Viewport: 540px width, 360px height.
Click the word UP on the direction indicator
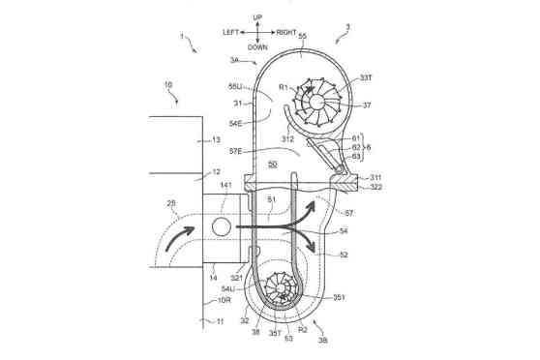click(257, 17)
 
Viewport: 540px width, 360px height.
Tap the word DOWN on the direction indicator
click(257, 46)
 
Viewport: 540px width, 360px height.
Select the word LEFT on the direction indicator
click(230, 32)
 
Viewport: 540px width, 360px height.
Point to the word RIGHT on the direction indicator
click(286, 32)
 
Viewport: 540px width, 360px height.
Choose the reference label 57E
click(236, 151)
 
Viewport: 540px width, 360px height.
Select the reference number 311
click(375, 176)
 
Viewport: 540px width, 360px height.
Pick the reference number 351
click(338, 298)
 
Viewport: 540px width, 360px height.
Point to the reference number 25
click(171, 204)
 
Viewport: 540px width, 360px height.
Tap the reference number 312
click(287, 139)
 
